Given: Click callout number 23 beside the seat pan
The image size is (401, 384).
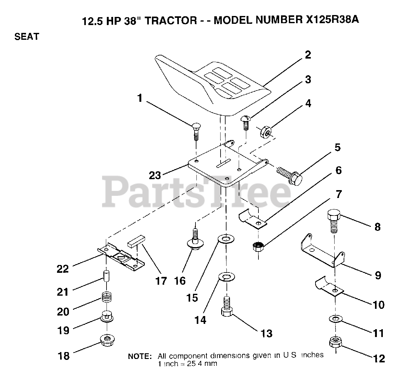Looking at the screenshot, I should (x=154, y=175).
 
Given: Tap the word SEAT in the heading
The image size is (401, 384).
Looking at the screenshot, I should (x=27, y=37).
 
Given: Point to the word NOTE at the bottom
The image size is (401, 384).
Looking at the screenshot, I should (x=140, y=356).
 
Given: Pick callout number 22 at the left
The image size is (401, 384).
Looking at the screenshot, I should (x=63, y=269).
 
